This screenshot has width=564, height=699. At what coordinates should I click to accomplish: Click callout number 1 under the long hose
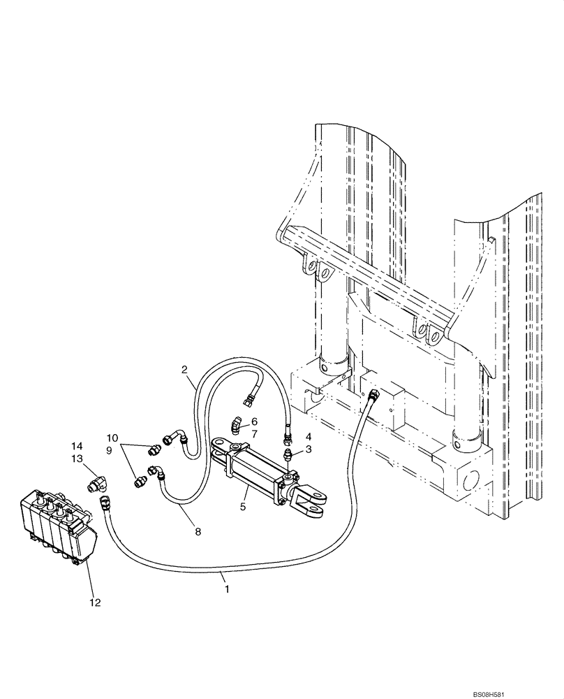click(225, 590)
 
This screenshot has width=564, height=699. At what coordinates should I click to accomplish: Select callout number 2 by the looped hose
click(185, 369)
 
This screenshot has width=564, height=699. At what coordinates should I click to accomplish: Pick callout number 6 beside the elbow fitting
click(255, 421)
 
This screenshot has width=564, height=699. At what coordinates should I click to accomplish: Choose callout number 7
click(255, 433)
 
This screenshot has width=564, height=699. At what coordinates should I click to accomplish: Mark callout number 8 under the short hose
click(198, 531)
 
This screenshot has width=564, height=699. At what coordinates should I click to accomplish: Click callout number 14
click(77, 445)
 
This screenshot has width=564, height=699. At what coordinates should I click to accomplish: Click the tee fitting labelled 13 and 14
click(97, 484)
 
